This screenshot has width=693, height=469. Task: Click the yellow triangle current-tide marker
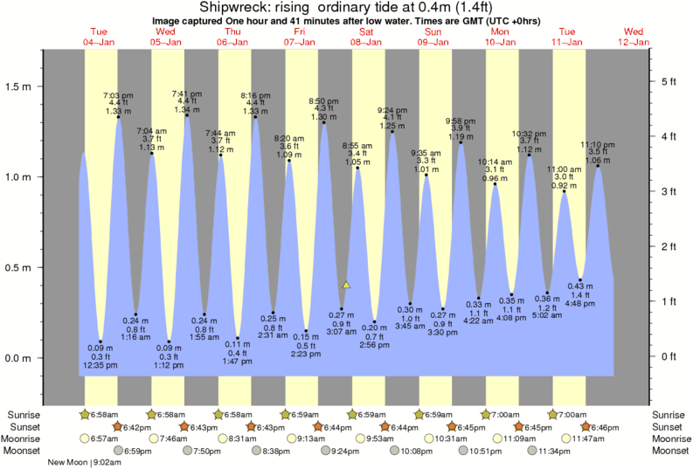point(347,285)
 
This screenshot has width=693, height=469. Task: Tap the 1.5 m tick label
point(17,86)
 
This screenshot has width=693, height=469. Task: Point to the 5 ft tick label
point(669,81)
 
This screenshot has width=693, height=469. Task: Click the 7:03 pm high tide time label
point(118,94)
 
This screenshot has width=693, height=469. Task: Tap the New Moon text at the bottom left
point(69,464)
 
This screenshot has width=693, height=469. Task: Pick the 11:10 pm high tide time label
point(599,144)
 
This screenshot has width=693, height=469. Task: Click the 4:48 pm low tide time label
point(580,305)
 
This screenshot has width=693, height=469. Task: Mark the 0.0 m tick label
point(17,359)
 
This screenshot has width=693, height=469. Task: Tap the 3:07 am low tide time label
point(342,332)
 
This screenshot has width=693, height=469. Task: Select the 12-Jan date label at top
point(635,41)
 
